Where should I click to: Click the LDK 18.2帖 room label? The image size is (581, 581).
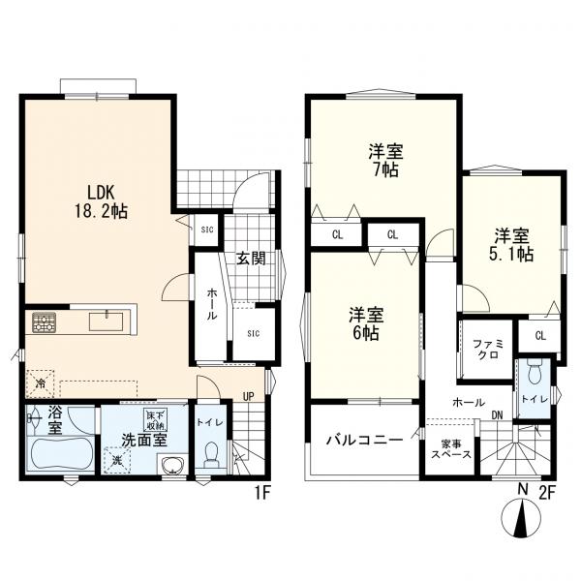pos(101,202)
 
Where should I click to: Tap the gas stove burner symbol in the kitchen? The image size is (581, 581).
pos(45,322)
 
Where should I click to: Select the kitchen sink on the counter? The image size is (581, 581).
pos(106,321)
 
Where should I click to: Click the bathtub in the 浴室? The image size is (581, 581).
pos(62,452)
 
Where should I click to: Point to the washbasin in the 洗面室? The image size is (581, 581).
pos(172,464)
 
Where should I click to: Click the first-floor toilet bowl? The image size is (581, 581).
pos(211,454)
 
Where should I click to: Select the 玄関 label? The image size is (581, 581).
pos(252,259)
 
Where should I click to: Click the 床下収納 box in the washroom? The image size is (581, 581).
pos(156,420)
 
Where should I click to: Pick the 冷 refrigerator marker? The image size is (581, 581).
pos(40,383)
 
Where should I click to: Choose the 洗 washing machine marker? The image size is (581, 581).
pos(117,460)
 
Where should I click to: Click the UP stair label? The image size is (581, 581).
pos(248,396)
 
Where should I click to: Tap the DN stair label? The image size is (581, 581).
pos(498,415)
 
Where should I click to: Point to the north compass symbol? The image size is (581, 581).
pos(521,518)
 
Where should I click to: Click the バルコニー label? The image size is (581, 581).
pos(365,440)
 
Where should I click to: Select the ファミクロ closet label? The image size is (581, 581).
pos(488,350)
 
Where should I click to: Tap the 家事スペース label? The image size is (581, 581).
pos(451,449)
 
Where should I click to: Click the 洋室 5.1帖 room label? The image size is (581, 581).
pos(511,245)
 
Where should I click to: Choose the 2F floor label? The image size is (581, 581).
pos(547,493)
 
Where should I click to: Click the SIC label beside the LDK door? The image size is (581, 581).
pos(207,229)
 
